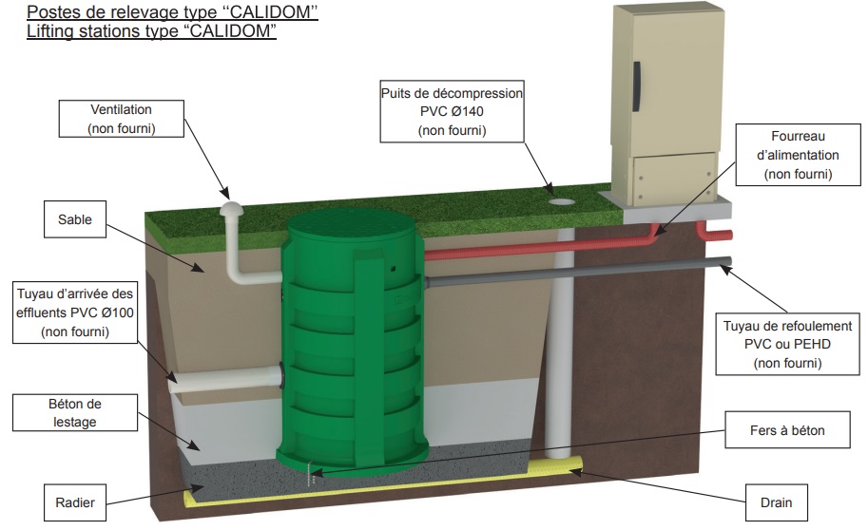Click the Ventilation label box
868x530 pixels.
point(121,119)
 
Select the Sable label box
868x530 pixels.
point(74,219)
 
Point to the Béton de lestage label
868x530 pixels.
point(74,414)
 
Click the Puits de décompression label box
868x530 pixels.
point(452,112)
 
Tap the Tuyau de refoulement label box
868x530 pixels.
point(786,344)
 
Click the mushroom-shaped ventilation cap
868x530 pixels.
point(232,210)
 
